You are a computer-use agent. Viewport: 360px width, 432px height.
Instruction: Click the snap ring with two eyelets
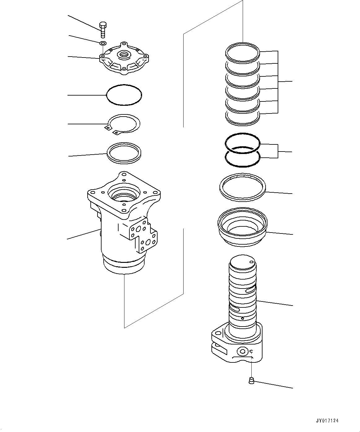pos(123,124)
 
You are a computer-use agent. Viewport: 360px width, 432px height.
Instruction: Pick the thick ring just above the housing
pos(124,152)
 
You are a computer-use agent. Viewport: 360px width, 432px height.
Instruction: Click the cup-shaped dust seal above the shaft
pos(242,228)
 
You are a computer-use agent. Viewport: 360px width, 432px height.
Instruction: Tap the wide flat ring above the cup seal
pos(242,188)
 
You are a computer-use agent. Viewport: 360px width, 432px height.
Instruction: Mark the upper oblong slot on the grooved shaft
pos(250,290)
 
